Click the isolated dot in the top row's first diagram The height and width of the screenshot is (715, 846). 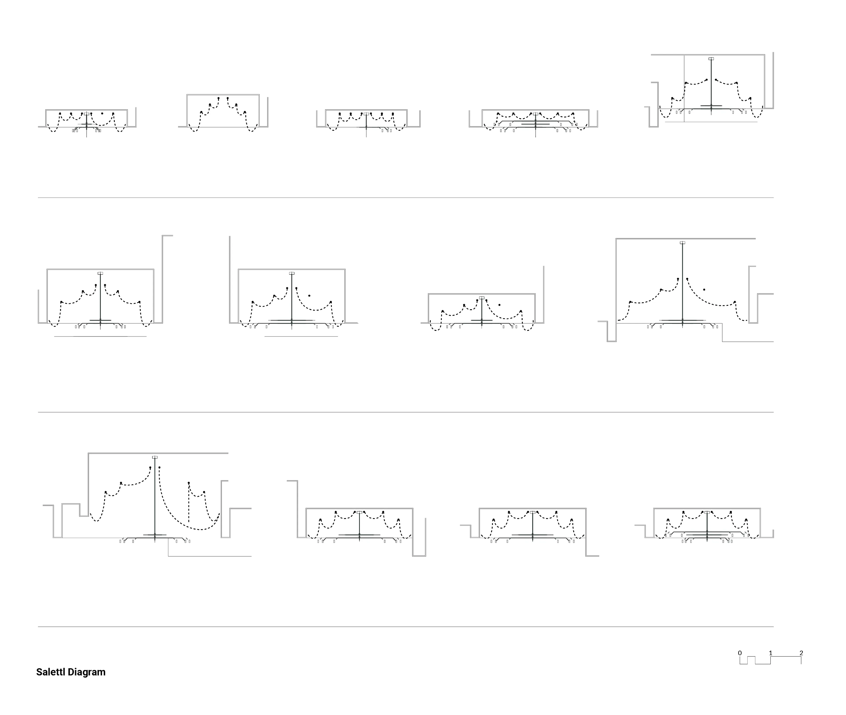[x=102, y=113]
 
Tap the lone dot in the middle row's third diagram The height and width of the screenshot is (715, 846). [x=499, y=305]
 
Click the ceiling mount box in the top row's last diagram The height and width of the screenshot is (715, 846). [x=711, y=59]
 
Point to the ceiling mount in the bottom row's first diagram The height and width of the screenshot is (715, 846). [x=155, y=457]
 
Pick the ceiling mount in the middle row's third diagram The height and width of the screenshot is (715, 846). [x=482, y=298]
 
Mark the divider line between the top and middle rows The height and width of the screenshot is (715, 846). [x=405, y=198]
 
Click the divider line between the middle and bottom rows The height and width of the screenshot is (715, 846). [x=405, y=412]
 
